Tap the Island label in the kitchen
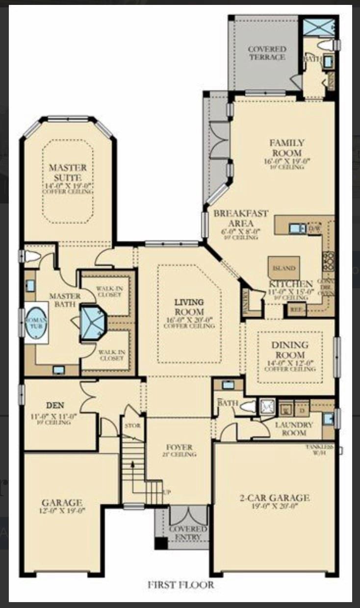coord(284,268)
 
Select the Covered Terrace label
coord(266,53)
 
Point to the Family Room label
coord(286,147)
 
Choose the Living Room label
coord(189,306)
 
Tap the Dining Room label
coord(290,350)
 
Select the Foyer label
coord(179,447)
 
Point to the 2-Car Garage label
coord(274,498)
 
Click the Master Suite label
coord(68,172)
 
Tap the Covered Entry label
coord(188,533)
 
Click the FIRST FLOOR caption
coord(181,584)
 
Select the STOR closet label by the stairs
coord(132,426)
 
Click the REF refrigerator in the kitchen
coord(295,309)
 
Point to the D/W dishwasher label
coord(314,228)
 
